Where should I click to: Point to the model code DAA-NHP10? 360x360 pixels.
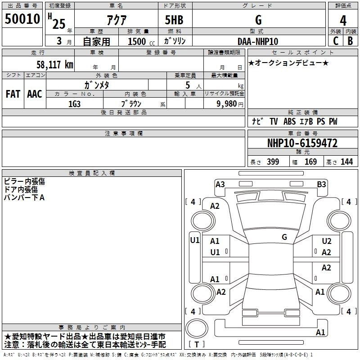click(258, 41)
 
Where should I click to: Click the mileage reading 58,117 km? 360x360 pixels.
click(54, 65)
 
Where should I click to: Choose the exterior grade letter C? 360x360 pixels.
click(335, 41)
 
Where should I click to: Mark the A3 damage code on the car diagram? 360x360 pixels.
click(220, 184)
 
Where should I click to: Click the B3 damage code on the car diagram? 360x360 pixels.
click(321, 184)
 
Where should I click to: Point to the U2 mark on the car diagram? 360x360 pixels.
click(327, 242)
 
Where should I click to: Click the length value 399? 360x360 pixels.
click(273, 162)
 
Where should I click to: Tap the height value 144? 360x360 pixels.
click(346, 162)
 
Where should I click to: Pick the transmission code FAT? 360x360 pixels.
click(13, 94)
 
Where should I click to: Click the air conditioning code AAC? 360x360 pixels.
click(35, 94)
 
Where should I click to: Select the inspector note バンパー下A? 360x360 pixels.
click(24, 198)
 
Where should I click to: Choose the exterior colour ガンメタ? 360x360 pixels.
click(97, 85)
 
